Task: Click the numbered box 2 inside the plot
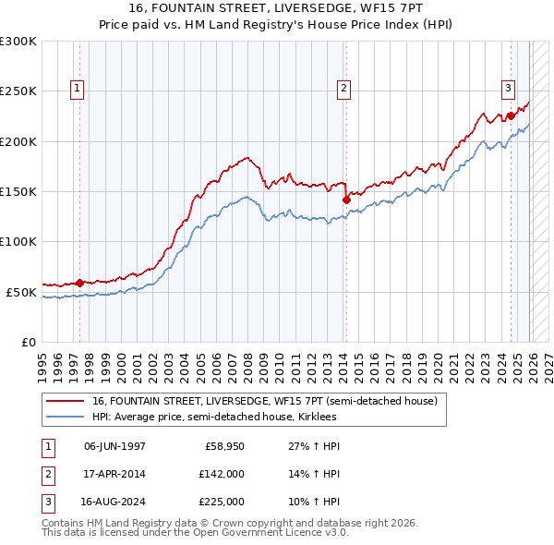click(x=343, y=89)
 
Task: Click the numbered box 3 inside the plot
click(x=508, y=89)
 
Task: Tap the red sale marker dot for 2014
click(x=346, y=199)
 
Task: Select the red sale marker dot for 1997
click(x=80, y=283)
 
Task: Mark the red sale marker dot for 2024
click(x=510, y=116)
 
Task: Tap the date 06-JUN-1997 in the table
click(x=114, y=445)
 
